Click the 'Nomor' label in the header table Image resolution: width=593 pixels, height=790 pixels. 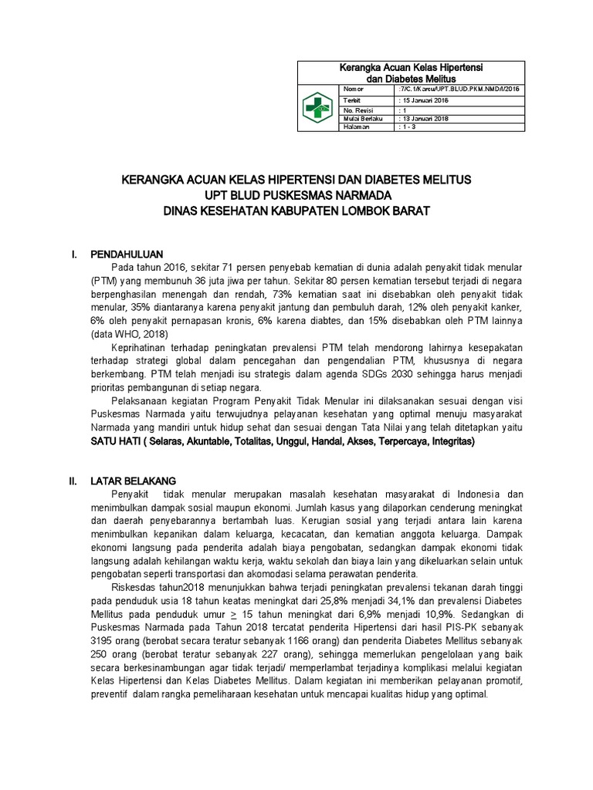pos(353,89)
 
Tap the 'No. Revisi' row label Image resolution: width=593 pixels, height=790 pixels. pos(357,110)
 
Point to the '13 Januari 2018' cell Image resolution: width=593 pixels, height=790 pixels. pos(425,119)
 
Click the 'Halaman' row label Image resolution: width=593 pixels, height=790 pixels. pos(355,127)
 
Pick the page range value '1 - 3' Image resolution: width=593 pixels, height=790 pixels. pos(407,127)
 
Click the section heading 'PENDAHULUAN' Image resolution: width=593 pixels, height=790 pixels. pos(127,253)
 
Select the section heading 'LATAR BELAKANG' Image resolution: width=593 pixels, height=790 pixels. pos(134,479)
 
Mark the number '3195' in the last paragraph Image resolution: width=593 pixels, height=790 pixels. pos(103,640)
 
